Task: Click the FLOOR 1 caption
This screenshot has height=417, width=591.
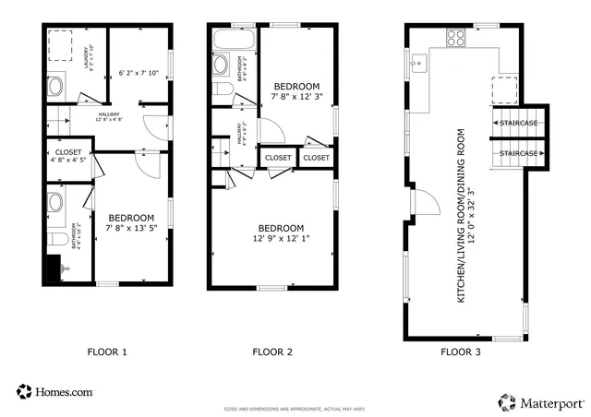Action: pyautogui.click(x=107, y=351)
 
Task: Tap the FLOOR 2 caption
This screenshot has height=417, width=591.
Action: pyautogui.click(x=272, y=351)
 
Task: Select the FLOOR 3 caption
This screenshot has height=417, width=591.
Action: pyautogui.click(x=461, y=351)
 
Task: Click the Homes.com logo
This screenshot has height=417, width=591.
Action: pyautogui.click(x=54, y=392)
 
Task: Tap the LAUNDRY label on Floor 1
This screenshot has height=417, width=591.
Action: pyautogui.click(x=87, y=56)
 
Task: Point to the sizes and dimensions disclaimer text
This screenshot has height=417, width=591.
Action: pyautogui.click(x=295, y=408)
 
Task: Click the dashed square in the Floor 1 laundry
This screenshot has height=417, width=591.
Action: pyautogui.click(x=61, y=44)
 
